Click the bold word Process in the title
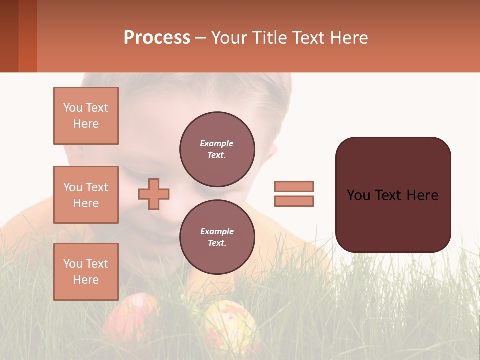click(x=157, y=38)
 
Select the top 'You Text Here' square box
click(x=86, y=116)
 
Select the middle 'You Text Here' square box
click(x=86, y=195)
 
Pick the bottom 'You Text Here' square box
click(x=86, y=272)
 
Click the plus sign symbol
click(x=154, y=194)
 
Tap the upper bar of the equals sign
click(x=294, y=186)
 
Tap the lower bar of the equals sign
click(x=294, y=201)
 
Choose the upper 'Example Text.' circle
click(x=217, y=149)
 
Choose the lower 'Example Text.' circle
click(x=217, y=237)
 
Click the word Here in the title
click(x=350, y=38)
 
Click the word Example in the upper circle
click(x=217, y=144)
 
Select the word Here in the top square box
click(x=86, y=124)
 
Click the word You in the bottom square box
click(x=73, y=264)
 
